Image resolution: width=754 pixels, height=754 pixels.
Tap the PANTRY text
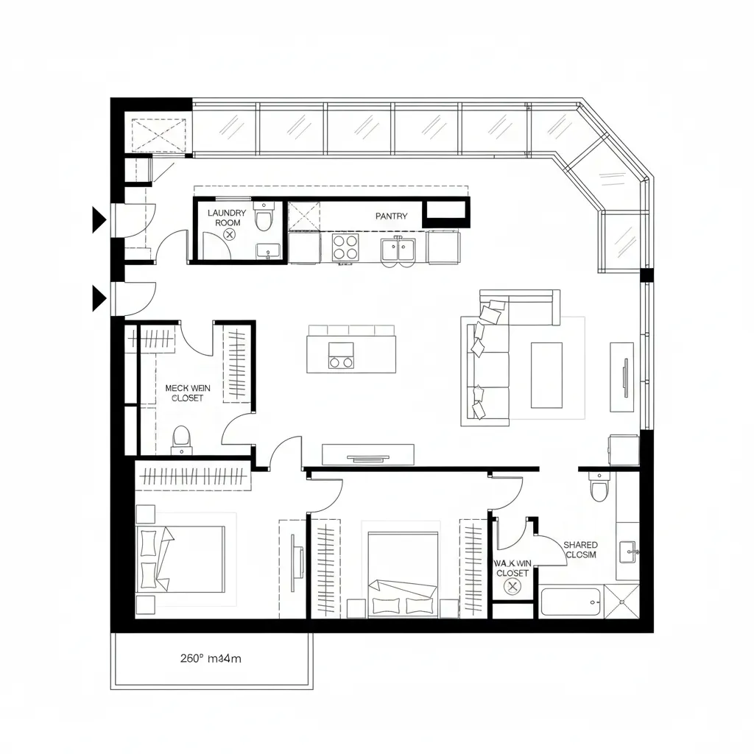tap(391, 216)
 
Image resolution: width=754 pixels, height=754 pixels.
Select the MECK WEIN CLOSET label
tap(188, 392)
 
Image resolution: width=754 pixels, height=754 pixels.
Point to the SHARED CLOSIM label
tap(581, 549)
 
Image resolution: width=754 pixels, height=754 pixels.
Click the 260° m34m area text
tap(211, 659)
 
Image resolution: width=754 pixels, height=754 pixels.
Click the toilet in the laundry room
tap(264, 219)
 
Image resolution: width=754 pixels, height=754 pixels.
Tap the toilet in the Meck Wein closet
tap(181, 440)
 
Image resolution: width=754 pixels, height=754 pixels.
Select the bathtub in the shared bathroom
tap(571, 602)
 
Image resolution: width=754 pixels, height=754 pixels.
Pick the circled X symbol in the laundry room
tap(229, 234)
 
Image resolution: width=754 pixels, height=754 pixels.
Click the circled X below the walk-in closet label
tap(512, 586)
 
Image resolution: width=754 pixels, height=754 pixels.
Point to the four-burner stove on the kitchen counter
tap(345, 247)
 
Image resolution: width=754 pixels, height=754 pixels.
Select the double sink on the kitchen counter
tap(398, 249)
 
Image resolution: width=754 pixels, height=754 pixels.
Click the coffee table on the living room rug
tap(546, 375)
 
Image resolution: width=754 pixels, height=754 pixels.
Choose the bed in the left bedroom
tap(181, 558)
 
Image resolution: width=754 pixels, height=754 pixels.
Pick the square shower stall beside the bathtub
tap(621, 601)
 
